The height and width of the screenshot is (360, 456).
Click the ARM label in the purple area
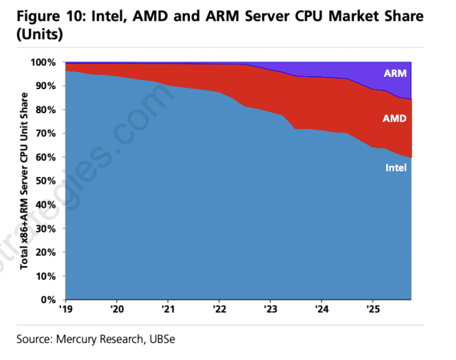[394, 73]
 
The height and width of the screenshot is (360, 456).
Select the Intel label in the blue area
[396, 167]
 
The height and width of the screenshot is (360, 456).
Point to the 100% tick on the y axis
[46, 62]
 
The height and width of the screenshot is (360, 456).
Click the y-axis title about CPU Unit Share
[25, 181]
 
